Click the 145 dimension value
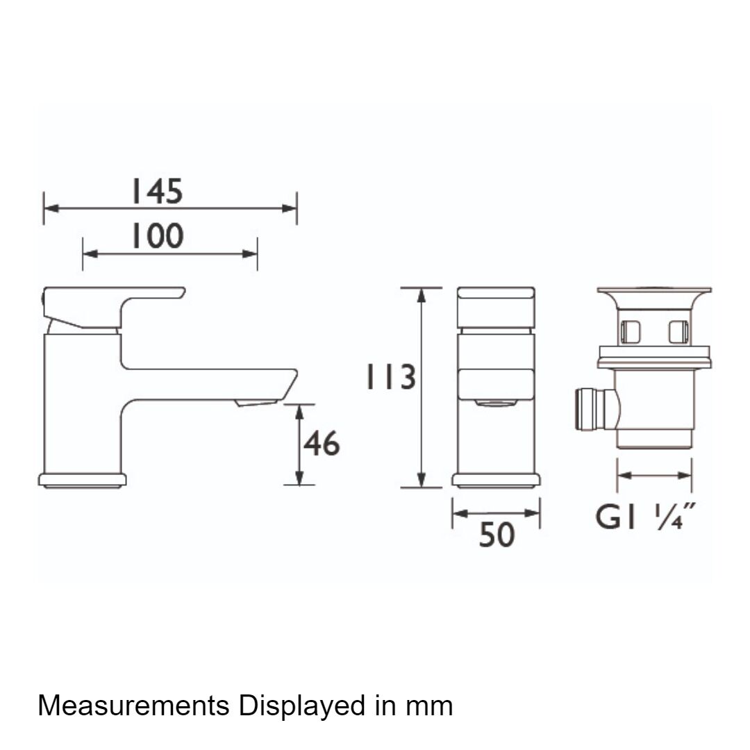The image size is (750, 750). pos(157,192)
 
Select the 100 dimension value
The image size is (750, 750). pos(157,235)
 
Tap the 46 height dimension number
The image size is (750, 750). pos(322,443)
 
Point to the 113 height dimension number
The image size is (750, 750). pos(390,376)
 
